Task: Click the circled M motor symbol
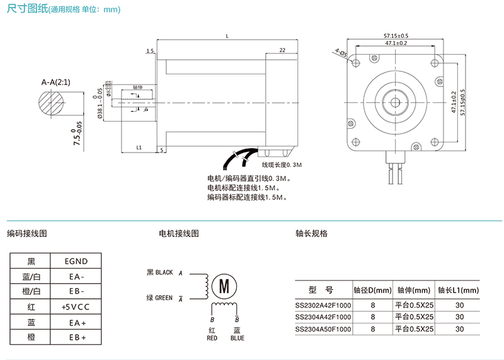coord(223,286)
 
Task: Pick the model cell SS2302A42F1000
coord(323,305)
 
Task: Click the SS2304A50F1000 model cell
coord(323,328)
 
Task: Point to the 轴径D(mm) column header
coord(372,290)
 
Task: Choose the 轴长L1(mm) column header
coord(458,290)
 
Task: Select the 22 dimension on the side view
coord(282,50)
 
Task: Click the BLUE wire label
coord(237,338)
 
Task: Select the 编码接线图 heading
coord(27,233)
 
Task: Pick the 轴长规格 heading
coord(311,233)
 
